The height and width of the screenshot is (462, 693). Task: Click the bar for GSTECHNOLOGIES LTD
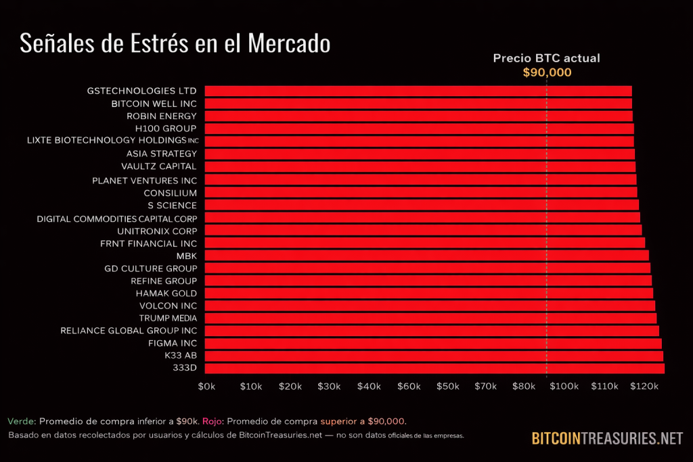[418, 91]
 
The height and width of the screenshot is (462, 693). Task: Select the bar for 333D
[434, 368]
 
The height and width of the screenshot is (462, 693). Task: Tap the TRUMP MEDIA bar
[430, 318]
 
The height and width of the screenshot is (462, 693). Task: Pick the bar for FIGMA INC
[432, 343]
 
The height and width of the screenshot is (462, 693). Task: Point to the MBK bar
[426, 255]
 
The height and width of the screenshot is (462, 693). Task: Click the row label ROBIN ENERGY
[162, 116]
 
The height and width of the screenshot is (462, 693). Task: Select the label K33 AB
[181, 356]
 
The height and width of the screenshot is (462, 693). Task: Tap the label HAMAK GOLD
[166, 293]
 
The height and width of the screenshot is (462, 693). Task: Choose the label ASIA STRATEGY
[162, 154]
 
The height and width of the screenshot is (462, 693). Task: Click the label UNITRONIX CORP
[157, 231]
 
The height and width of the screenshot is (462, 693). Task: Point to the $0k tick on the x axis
[206, 386]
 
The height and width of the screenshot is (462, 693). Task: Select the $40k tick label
[369, 386]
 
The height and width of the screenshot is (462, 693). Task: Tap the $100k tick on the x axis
[564, 386]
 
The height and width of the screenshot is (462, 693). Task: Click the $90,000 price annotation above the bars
[547, 73]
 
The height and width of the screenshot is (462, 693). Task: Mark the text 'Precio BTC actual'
[546, 58]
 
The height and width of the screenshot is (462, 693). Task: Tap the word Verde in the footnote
[21, 421]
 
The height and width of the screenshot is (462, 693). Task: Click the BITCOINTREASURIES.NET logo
[607, 438]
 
